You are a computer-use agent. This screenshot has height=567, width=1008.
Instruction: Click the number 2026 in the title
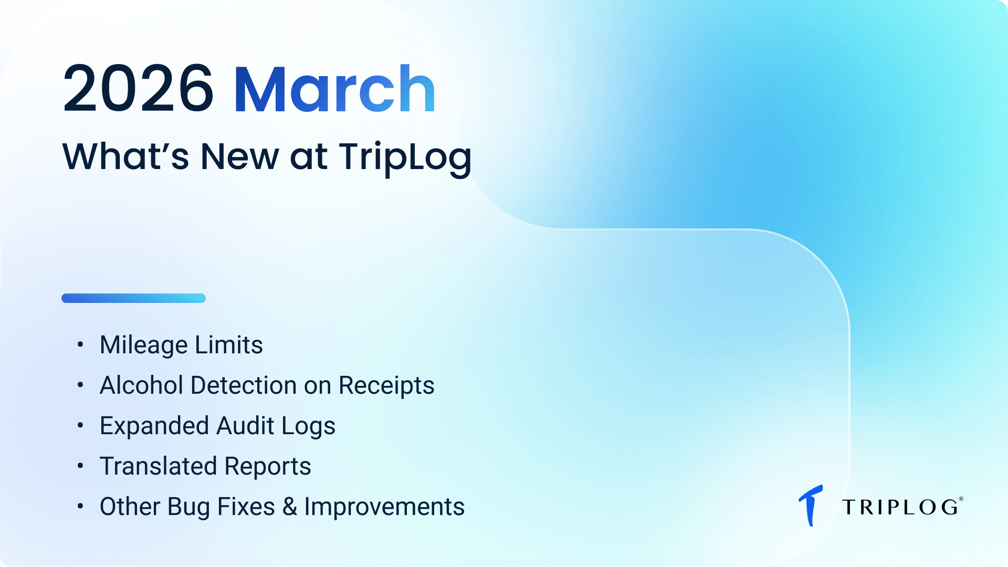click(x=138, y=88)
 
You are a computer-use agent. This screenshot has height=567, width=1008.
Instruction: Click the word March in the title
click(x=334, y=88)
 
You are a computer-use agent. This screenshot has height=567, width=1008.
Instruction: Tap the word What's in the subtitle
click(x=125, y=156)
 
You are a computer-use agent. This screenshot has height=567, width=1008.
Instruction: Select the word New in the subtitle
click(x=239, y=156)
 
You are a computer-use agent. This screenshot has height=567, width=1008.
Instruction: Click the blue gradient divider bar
click(x=133, y=298)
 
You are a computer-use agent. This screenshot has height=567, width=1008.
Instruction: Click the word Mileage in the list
click(x=143, y=345)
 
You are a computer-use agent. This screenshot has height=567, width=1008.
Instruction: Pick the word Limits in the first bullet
click(x=229, y=345)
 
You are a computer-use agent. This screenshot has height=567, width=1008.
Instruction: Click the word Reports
click(x=268, y=467)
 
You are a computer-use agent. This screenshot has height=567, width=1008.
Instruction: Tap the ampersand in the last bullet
click(x=289, y=507)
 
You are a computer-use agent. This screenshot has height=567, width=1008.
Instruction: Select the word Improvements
click(x=384, y=507)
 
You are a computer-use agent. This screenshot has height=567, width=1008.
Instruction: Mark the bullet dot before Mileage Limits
click(x=80, y=344)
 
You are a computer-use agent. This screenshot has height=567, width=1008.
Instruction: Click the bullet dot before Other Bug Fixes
click(x=80, y=506)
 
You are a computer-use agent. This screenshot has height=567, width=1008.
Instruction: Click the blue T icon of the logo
click(x=811, y=505)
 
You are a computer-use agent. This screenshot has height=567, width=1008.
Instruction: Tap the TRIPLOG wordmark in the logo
click(x=901, y=507)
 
